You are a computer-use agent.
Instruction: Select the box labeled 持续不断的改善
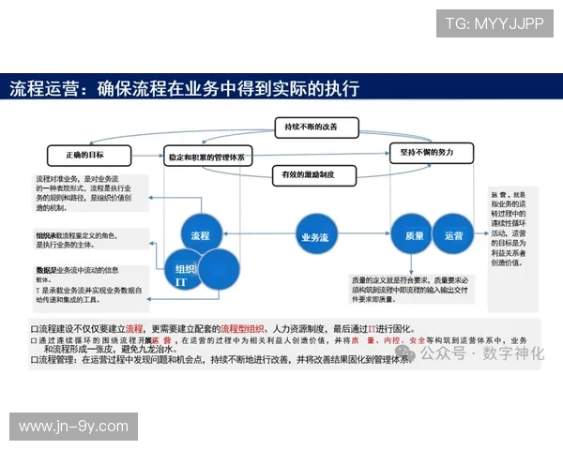(311, 126)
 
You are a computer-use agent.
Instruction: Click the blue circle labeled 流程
(199, 234)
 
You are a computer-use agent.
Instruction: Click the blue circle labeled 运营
(453, 236)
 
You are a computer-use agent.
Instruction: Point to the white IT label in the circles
(182, 280)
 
